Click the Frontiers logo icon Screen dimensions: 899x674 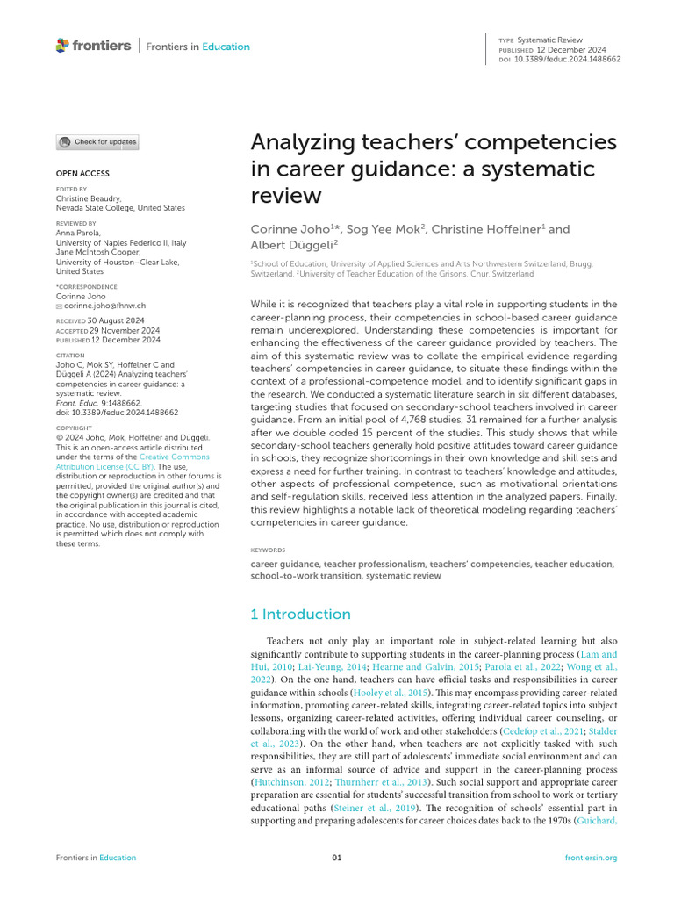pos(62,45)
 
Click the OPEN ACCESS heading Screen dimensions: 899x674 pos(82,174)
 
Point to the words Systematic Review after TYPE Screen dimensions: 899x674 pos(549,40)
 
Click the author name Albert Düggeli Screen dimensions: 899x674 pos(290,246)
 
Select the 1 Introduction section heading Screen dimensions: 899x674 pos(300,615)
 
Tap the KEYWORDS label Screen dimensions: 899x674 pos(268,550)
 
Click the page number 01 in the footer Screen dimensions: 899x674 pos(337,858)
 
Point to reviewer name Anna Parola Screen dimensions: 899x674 pos(79,234)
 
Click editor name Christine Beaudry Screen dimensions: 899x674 pos(89,198)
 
